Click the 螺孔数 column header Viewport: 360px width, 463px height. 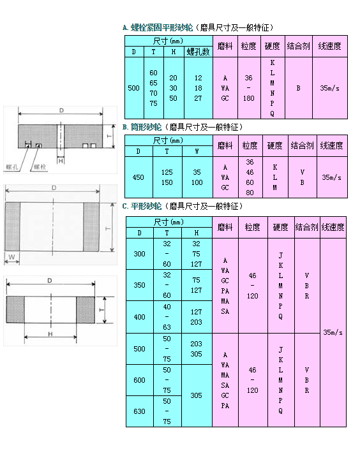[198, 52]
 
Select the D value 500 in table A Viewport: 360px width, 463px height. [133, 88]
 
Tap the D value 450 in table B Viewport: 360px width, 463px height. [138, 177]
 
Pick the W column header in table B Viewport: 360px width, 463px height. [197, 151]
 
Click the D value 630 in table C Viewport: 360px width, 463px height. [139, 411]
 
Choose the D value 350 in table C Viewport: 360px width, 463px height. [139, 285]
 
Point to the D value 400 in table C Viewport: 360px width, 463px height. [139, 317]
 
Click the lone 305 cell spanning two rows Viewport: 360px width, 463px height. [196, 395]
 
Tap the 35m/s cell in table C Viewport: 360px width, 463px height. [333, 332]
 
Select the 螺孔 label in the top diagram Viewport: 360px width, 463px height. [12, 167]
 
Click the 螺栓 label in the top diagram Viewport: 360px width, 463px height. [40, 167]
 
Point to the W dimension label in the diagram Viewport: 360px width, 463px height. [11, 256]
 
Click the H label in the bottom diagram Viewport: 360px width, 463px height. [50, 334]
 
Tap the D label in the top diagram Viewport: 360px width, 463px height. [61, 110]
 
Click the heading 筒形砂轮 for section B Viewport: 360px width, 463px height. [146, 128]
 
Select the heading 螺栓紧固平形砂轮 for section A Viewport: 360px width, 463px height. [162, 28]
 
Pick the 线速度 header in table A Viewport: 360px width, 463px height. [330, 46]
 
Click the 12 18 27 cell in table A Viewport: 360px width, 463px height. [198, 88]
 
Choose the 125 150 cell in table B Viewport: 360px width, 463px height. [167, 177]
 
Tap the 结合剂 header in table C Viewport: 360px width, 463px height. [307, 227]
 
